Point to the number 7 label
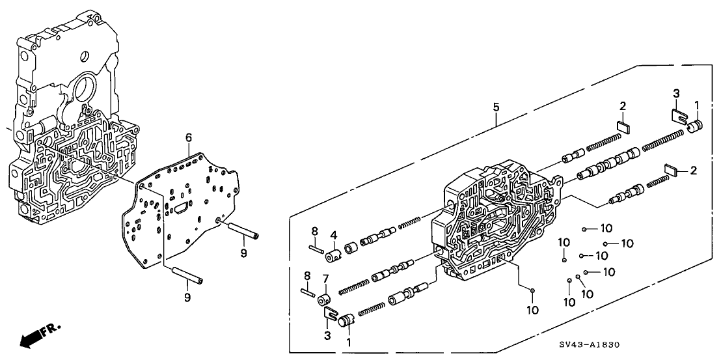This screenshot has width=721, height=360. click(x=325, y=279)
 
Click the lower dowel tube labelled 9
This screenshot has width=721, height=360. click(x=187, y=276)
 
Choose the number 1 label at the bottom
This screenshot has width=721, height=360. click(x=349, y=341)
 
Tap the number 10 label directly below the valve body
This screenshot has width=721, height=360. click(x=533, y=311)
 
